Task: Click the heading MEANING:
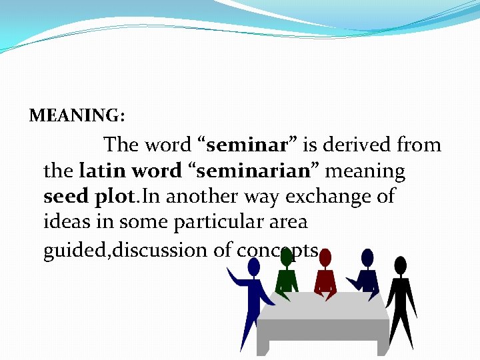point(77,116)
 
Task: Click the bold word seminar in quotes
point(247,145)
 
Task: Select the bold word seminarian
point(254,171)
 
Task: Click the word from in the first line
point(419,145)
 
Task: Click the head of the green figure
point(285,258)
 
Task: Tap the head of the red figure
point(325,258)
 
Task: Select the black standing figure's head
point(400,265)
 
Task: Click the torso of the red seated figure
point(326,280)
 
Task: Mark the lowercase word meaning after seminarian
point(365,172)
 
